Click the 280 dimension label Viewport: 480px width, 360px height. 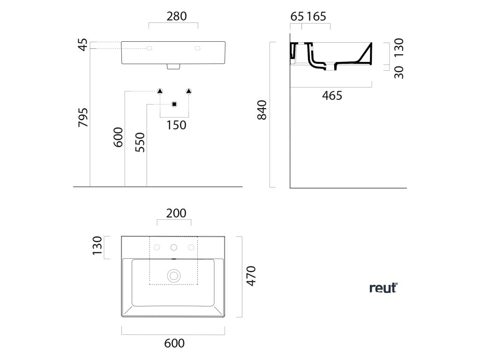(x=177, y=16)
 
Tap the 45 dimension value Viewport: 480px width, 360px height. (x=83, y=45)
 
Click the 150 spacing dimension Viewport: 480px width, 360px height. (x=176, y=125)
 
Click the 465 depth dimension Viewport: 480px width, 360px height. (x=332, y=96)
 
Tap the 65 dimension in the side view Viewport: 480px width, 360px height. (x=297, y=16)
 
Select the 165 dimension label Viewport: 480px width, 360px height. (x=317, y=16)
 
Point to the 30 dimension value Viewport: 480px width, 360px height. (x=399, y=71)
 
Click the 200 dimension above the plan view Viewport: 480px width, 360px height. (x=176, y=213)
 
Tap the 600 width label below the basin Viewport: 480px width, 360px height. (x=174, y=343)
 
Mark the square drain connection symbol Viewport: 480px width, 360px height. (x=174, y=104)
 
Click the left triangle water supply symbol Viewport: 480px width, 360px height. (x=160, y=91)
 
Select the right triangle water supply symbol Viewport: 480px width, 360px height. (x=189, y=91)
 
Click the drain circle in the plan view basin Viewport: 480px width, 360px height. (x=174, y=275)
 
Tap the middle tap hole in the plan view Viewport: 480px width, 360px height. (x=174, y=247)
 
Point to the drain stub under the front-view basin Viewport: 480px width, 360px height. (x=173, y=67)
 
